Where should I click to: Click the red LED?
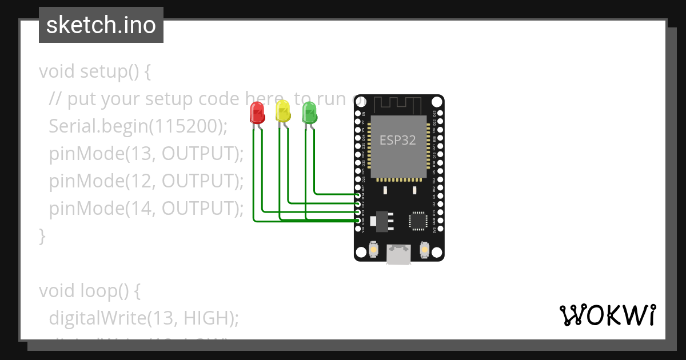click(257, 112)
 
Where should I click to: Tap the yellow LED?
click(283, 111)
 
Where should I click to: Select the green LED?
click(309, 112)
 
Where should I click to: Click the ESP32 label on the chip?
click(398, 140)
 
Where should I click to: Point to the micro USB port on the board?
click(398, 255)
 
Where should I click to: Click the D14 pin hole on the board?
click(358, 195)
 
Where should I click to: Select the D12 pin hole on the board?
click(358, 203)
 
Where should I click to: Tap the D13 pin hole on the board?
click(358, 212)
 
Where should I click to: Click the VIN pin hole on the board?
click(358, 229)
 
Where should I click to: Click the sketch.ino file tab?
click(101, 25)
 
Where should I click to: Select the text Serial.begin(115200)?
click(138, 126)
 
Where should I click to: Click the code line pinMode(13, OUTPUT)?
click(146, 154)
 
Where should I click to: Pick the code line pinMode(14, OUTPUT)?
click(146, 209)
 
